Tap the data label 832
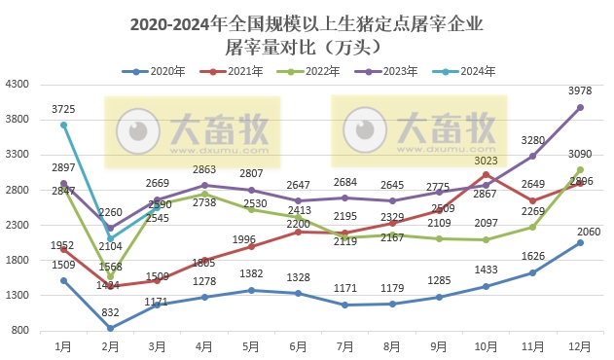(110, 312)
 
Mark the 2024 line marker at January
(63, 125)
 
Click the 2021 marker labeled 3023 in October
(487, 174)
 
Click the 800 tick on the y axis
(18, 330)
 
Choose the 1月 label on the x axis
(63, 345)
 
